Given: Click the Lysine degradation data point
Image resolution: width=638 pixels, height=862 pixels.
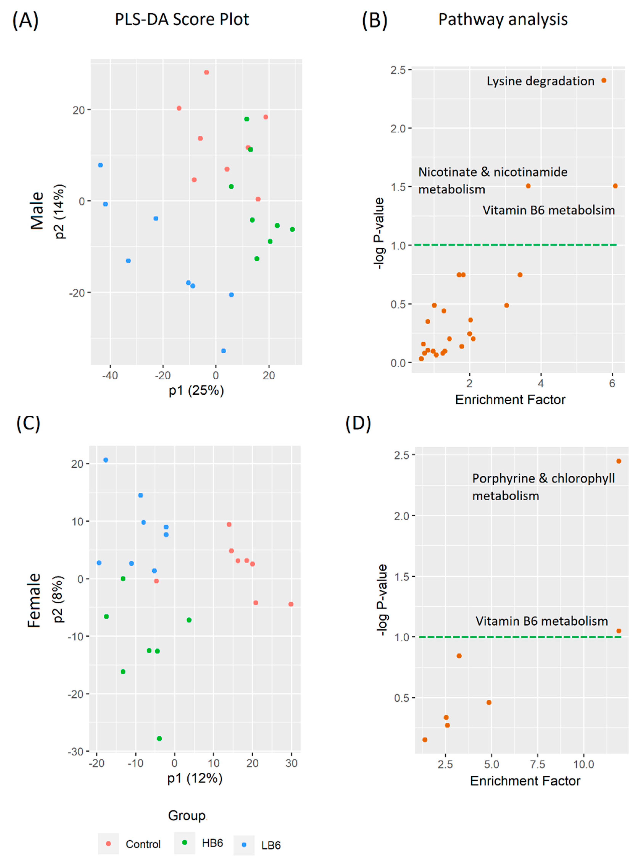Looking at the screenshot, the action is tap(604, 80).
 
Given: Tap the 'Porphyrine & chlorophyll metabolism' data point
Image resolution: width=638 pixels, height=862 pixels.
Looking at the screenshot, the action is tap(619, 461).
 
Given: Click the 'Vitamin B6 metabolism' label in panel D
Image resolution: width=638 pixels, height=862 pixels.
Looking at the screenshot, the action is tap(541, 621).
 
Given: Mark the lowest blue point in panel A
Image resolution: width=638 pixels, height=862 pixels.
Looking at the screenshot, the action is tap(223, 351).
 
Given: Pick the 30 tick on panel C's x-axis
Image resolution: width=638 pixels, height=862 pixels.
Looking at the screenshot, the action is tap(292, 763).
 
